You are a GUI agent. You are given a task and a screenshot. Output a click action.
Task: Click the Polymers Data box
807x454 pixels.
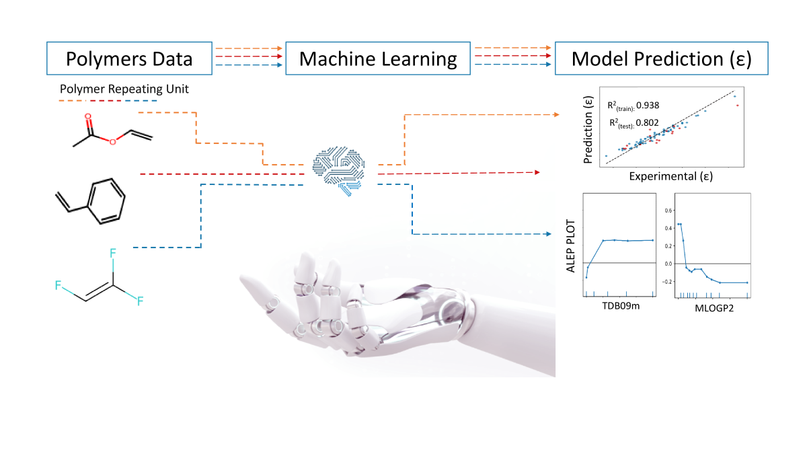[128, 59]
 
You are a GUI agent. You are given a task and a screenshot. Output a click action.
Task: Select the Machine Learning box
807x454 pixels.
[378, 59]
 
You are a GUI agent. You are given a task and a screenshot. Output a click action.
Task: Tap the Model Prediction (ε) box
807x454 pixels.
[661, 59]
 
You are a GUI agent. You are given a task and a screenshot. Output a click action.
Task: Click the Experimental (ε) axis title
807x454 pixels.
[670, 176]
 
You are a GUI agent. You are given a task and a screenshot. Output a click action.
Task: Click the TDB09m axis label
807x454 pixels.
[619, 307]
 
